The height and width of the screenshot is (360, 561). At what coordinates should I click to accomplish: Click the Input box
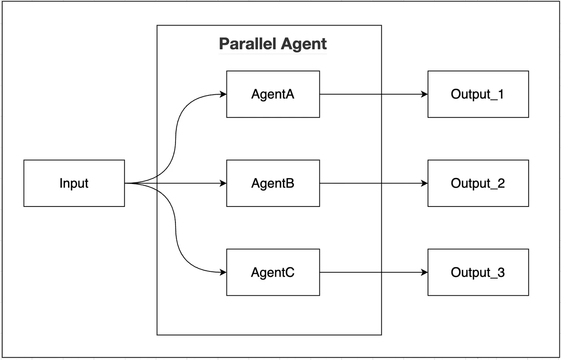[74, 183]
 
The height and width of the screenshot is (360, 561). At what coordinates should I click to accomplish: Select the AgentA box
[273, 94]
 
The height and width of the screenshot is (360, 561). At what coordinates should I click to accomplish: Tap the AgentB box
[273, 183]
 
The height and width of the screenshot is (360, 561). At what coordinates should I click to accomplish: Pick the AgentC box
[273, 272]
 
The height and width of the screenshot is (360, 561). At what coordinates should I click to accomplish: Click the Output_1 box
[478, 94]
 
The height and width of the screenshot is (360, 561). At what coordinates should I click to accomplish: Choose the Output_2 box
[478, 183]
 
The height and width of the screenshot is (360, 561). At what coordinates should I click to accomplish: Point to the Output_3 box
[478, 272]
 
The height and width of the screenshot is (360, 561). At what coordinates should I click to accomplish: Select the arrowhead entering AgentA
[224, 94]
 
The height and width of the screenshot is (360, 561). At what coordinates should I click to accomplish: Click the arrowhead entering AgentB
[224, 183]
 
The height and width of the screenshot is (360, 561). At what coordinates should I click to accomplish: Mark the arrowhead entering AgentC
[224, 272]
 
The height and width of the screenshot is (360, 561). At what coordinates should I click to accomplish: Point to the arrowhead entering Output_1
[425, 94]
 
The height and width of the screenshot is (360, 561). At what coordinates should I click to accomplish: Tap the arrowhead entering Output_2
[425, 183]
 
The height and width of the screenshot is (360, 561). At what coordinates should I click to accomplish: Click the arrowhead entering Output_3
[425, 272]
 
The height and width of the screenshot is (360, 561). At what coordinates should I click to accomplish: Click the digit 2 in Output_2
[501, 183]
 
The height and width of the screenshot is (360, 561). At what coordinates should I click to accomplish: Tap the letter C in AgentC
[289, 272]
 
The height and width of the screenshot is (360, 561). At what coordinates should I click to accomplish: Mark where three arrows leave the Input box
[126, 183]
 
